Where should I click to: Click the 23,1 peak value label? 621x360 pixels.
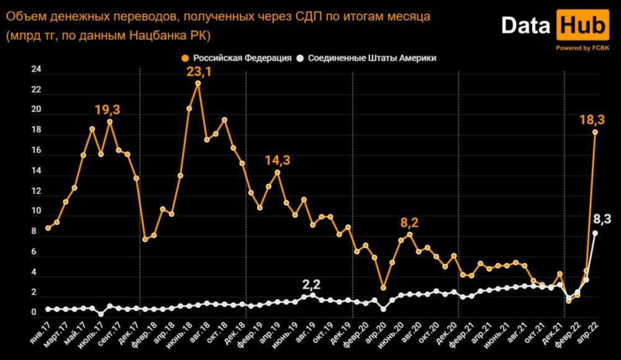coord(200,72)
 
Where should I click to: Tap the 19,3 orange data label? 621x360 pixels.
coord(107,110)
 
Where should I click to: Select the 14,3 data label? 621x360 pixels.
coord(278,160)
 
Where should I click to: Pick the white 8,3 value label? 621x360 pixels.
coord(603,218)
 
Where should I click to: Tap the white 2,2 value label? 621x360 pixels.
coord(311,284)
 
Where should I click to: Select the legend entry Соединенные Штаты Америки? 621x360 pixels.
coord(366,58)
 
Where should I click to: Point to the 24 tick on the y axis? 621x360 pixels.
coord(36,70)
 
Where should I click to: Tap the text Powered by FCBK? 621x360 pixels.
coord(582,48)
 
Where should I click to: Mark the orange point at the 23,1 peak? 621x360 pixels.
coord(198,83)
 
